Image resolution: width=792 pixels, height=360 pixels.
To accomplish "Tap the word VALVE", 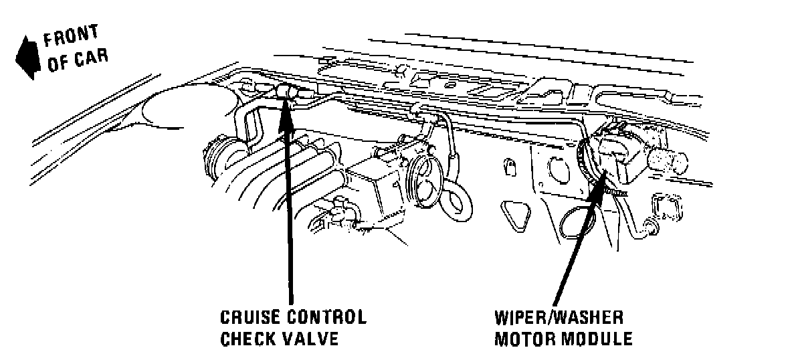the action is pyautogui.click(x=310, y=338).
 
